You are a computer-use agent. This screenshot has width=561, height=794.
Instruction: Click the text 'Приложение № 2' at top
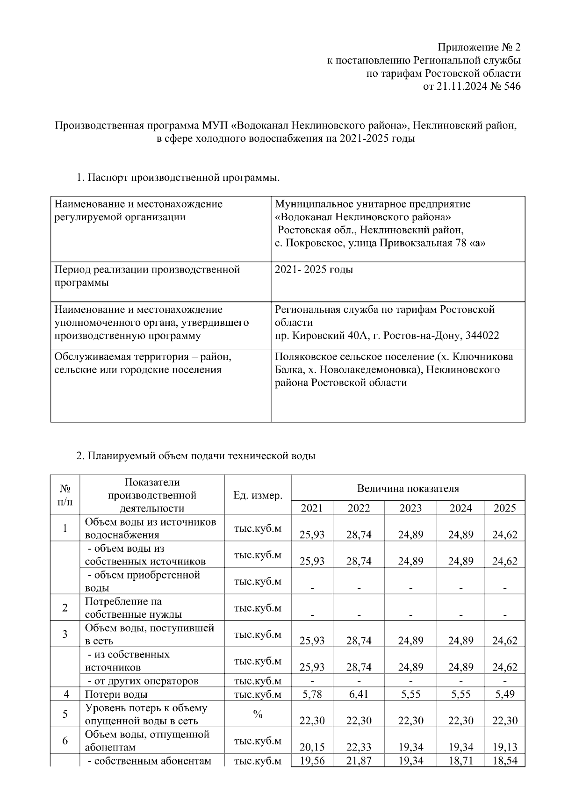[479, 47]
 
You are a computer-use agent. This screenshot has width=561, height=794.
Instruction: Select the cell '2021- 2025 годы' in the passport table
[314, 270]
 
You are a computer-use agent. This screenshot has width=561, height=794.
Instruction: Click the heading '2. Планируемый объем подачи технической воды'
[195, 455]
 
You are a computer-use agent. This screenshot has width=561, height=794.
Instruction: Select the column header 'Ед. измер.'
[258, 495]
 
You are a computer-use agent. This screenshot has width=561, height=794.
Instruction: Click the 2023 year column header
[410, 508]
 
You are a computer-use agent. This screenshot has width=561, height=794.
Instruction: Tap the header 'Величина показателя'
[408, 489]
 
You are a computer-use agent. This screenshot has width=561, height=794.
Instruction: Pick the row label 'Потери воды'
[116, 694]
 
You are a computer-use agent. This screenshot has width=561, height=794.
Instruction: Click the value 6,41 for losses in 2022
[359, 694]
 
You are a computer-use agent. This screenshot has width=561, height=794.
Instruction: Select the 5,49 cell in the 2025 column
[505, 694]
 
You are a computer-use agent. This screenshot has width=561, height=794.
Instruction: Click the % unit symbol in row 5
[258, 714]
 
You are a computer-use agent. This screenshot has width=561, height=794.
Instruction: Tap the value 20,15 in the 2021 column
[312, 747]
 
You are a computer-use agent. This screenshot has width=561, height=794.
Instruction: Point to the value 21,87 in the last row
[359, 761]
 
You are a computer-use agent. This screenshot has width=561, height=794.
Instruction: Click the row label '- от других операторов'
[143, 681]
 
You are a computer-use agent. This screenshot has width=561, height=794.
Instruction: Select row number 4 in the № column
[65, 694]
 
